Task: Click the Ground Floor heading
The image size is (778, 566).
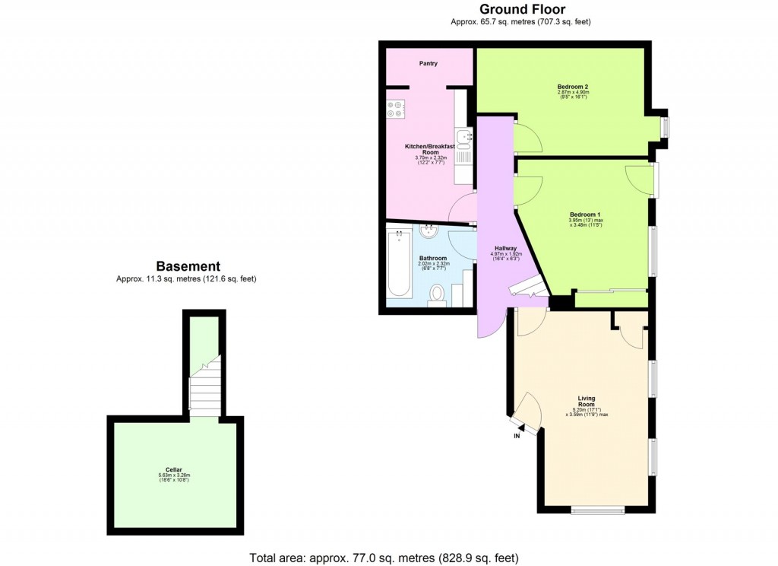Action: click(521, 9)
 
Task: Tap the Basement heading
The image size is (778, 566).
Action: click(188, 266)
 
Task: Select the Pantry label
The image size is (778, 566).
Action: click(429, 64)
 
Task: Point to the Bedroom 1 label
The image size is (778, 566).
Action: click(584, 215)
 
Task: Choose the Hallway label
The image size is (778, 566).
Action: click(505, 249)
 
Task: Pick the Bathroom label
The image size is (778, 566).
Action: click(434, 258)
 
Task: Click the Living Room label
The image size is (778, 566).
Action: click(586, 401)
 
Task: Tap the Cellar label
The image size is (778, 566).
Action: click(174, 469)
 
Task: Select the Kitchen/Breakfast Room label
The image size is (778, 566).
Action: click(429, 148)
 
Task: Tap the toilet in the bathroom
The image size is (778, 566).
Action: click(438, 293)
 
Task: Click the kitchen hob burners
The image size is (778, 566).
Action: click(394, 109)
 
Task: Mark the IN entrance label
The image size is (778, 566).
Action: click(517, 437)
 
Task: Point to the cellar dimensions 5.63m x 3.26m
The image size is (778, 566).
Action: click(174, 475)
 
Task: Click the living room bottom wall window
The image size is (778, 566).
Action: click(598, 510)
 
